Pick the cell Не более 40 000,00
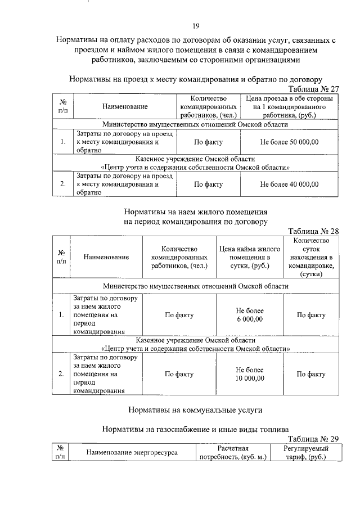pos(289,184)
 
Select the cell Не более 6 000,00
pos(250,315)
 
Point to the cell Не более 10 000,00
pos(250,374)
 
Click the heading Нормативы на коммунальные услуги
pos(195,409)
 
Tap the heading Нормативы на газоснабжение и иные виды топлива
pos(195,429)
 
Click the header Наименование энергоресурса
pos(131,453)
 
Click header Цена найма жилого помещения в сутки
pos(250,257)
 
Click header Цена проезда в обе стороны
pos(289,106)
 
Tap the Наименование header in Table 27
pos(125,106)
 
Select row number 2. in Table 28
pos(61,374)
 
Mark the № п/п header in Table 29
pos(61,453)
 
